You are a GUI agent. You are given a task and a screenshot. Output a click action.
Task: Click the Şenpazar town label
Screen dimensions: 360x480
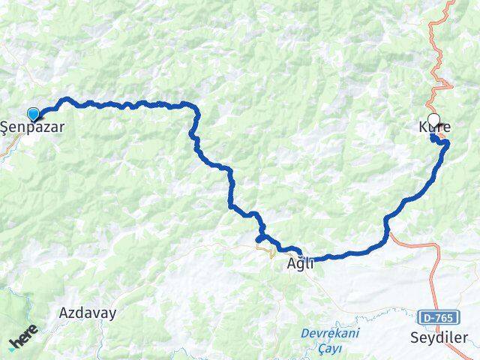point(31,127)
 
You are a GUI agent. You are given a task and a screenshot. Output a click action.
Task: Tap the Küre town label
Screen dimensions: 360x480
point(434,128)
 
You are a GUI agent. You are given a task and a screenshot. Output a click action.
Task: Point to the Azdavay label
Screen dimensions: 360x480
point(88,313)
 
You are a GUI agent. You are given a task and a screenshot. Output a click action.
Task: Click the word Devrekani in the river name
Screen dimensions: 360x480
point(330,332)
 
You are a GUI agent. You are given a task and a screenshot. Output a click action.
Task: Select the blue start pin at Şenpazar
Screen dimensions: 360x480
point(33,114)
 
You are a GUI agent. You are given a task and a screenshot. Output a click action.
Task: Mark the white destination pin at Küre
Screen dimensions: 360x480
point(433,121)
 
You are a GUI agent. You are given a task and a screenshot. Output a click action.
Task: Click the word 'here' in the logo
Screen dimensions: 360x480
point(27,338)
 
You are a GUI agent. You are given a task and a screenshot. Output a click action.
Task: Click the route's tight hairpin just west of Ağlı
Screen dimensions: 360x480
point(259,238)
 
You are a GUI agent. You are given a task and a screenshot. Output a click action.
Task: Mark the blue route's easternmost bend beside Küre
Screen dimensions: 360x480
point(448,143)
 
